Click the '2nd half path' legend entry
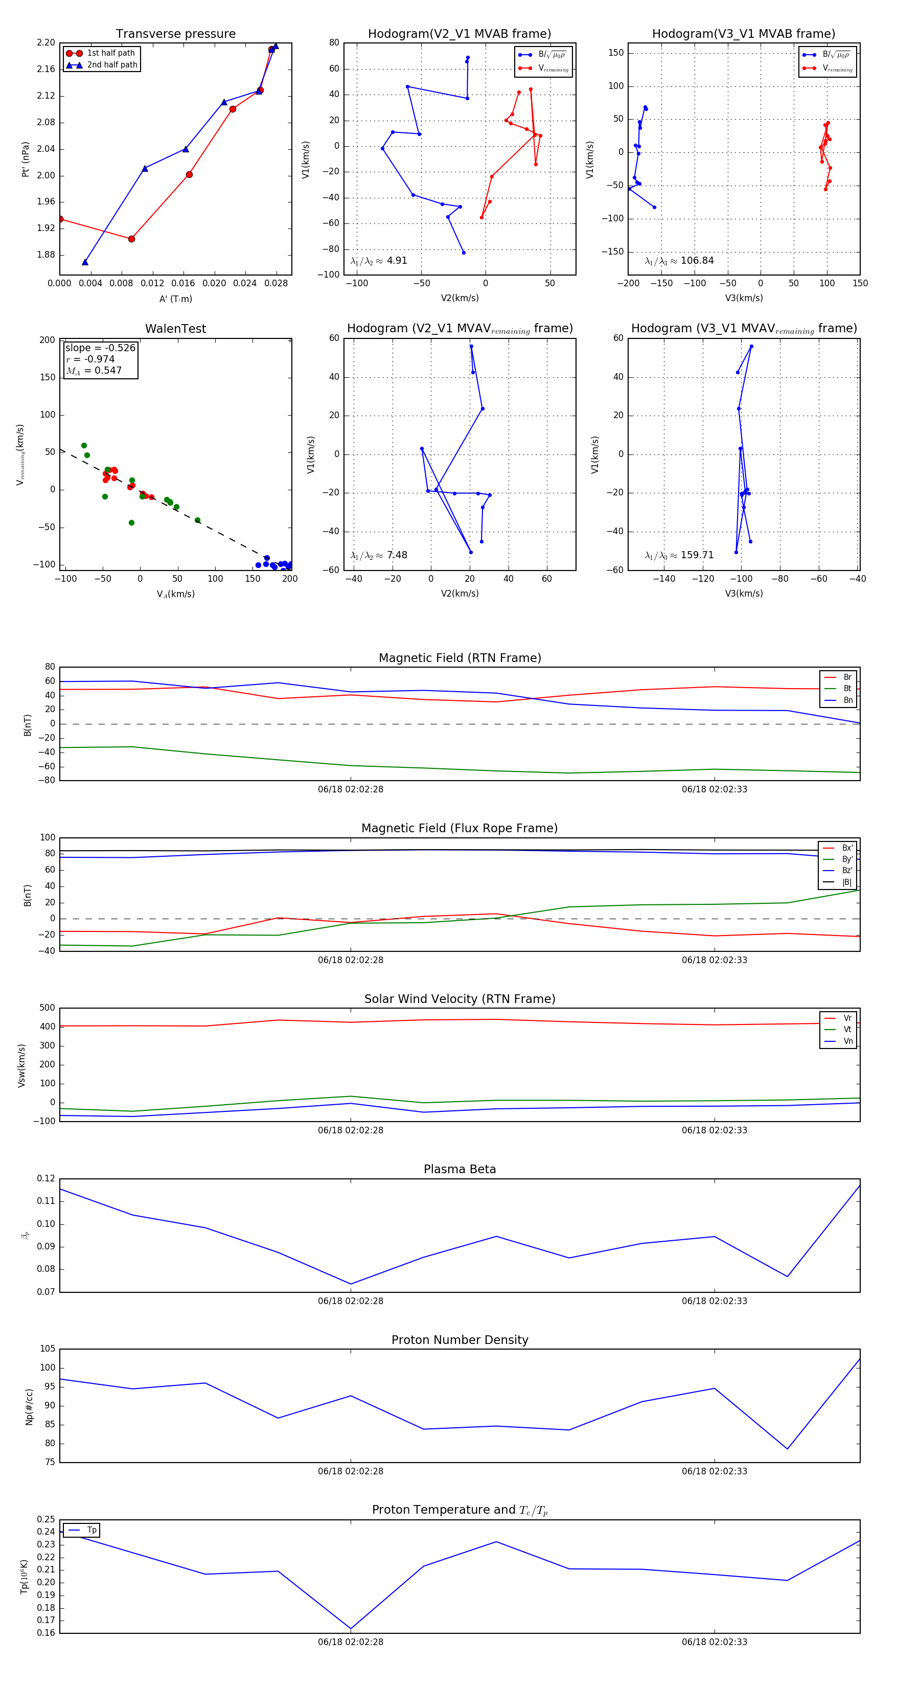coord(112,65)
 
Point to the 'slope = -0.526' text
coord(100,348)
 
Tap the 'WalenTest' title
coord(175,329)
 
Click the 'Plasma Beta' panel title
coord(459,1169)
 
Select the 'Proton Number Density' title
coord(459,1340)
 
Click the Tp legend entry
coord(91,1531)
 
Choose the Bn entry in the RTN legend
coord(847,700)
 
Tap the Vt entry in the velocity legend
coord(847,1030)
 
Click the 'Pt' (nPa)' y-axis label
coord(26,159)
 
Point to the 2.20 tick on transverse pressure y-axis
coord(46,42)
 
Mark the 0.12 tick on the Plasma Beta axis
coord(46,1179)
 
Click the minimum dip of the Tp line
coord(351,1629)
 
